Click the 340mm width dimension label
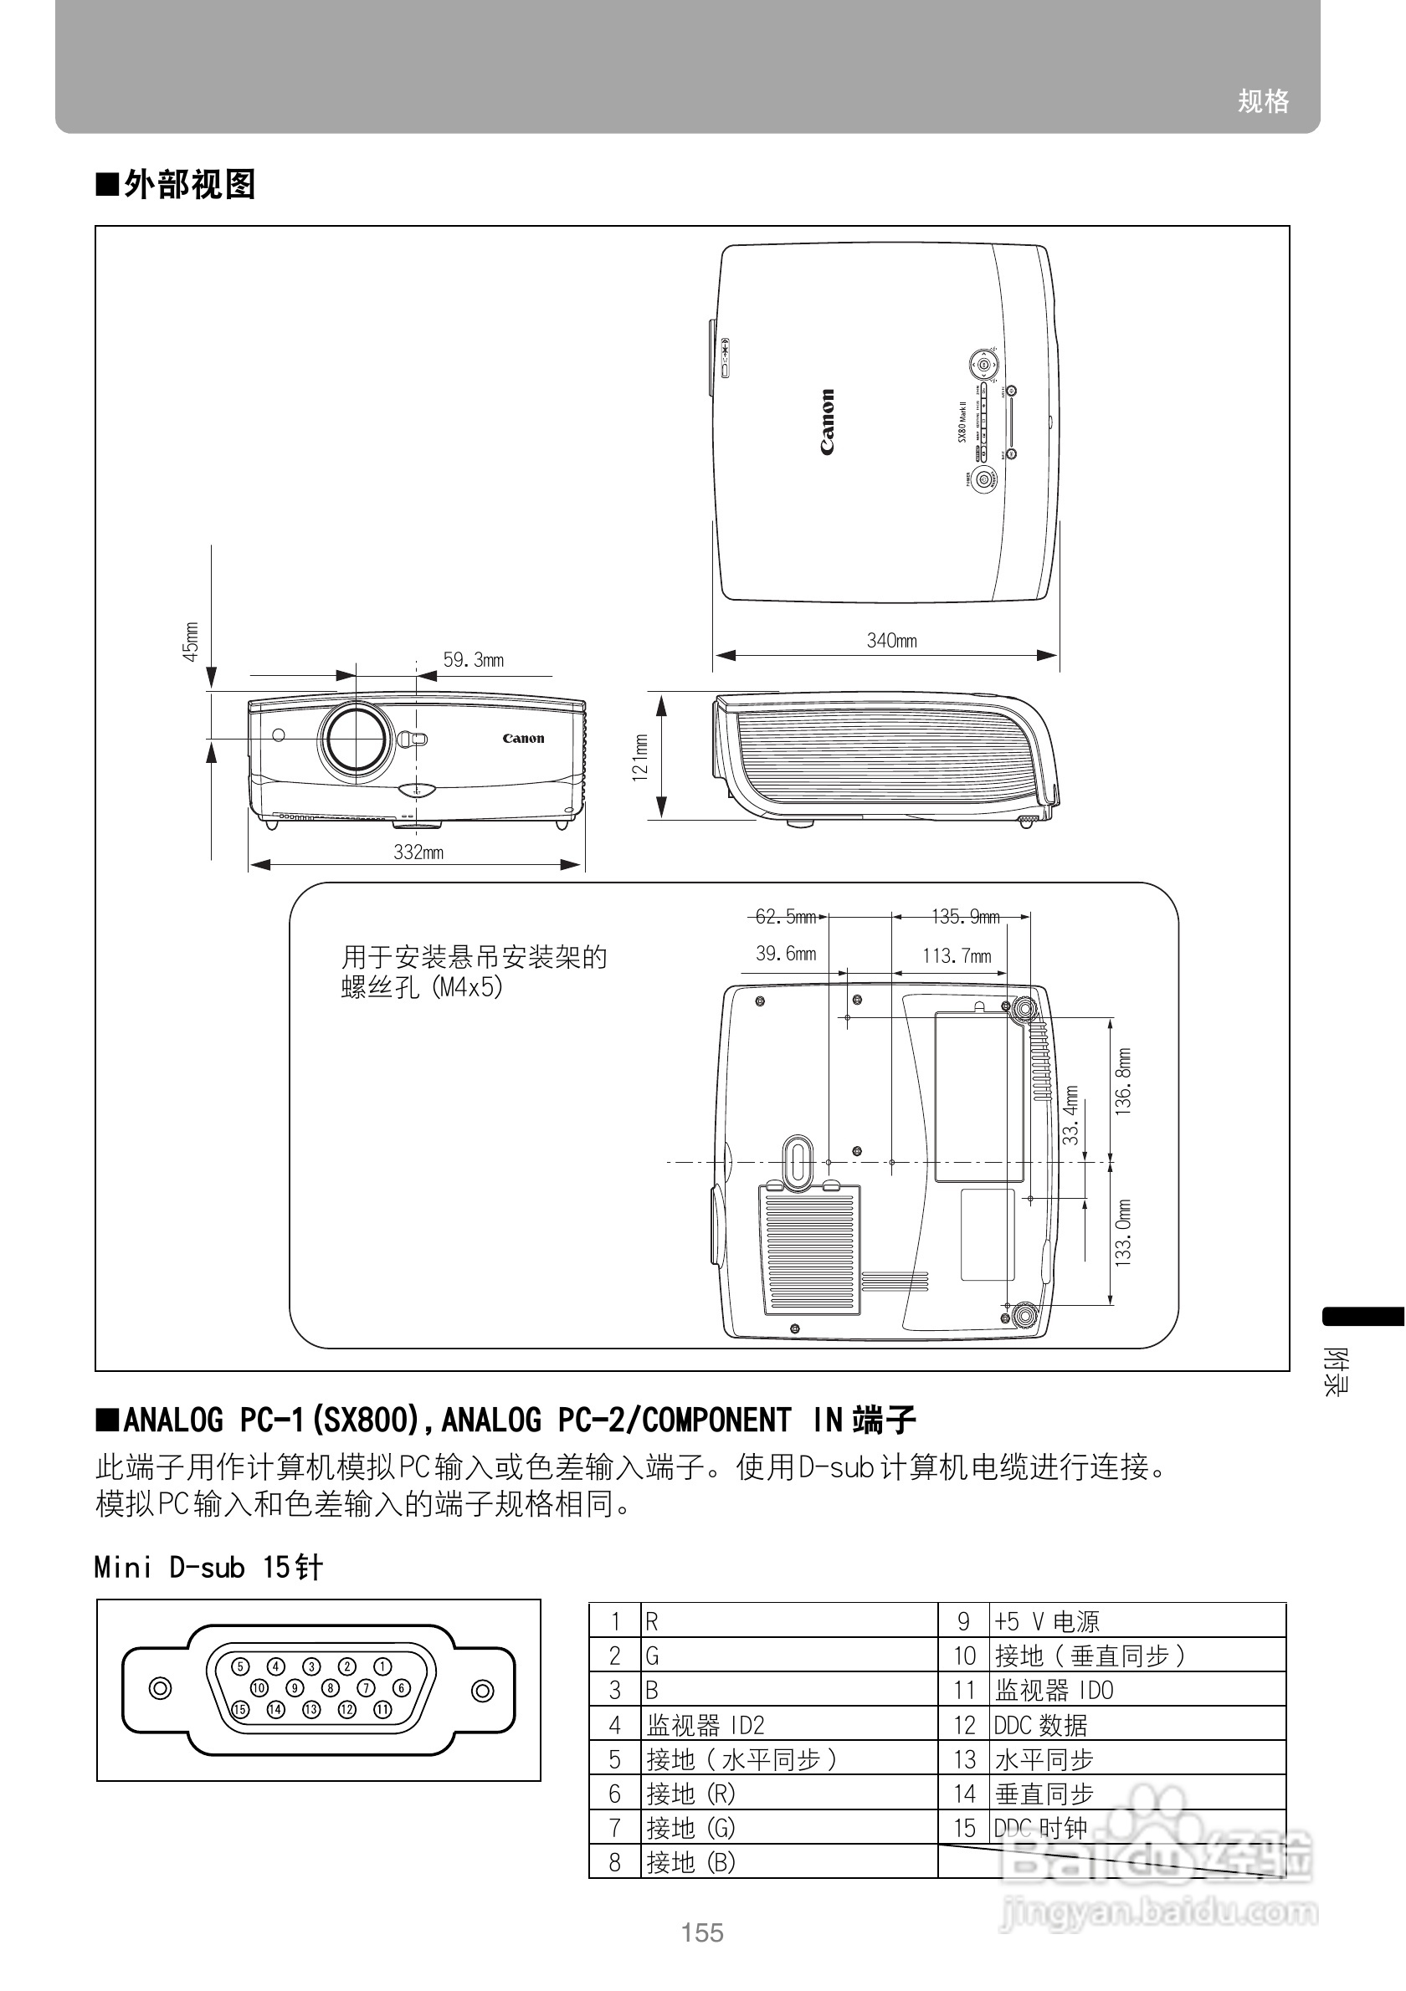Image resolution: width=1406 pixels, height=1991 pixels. [891, 641]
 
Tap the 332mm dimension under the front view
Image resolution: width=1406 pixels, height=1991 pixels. [418, 852]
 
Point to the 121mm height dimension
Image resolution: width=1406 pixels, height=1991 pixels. [640, 758]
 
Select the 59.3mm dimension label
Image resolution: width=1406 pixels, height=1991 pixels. [473, 660]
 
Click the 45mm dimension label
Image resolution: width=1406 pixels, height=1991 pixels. [191, 642]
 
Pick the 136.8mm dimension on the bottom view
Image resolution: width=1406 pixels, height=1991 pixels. [1123, 1082]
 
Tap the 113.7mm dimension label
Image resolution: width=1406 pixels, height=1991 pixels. [957, 955]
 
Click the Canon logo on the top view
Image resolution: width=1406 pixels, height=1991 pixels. [828, 422]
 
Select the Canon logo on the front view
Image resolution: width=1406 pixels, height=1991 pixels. [523, 739]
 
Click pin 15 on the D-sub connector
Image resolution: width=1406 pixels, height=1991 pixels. [240, 1709]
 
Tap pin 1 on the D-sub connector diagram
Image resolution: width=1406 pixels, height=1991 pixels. [382, 1666]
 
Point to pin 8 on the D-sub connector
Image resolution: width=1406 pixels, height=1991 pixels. [331, 1687]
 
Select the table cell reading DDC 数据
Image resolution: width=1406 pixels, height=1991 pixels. [1041, 1726]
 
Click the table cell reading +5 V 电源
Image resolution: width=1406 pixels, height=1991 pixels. [1047, 1621]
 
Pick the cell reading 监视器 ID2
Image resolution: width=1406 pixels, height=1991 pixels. [706, 1726]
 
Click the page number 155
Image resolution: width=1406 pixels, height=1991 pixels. [701, 1932]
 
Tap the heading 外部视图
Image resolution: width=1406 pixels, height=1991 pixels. [189, 185]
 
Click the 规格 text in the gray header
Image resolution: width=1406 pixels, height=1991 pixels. [1263, 101]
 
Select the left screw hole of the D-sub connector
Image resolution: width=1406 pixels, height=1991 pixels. [161, 1688]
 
